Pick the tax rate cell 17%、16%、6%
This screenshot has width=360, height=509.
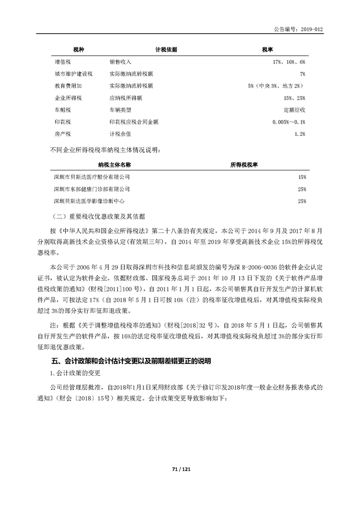(x=289, y=62)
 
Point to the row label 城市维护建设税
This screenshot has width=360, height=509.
(x=73, y=74)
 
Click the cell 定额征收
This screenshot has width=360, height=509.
(x=294, y=110)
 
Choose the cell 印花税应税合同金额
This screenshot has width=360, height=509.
(x=134, y=122)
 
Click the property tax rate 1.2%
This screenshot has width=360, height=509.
(x=299, y=134)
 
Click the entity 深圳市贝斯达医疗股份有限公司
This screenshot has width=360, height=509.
(x=92, y=177)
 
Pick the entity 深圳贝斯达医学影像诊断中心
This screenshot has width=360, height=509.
(x=89, y=201)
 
